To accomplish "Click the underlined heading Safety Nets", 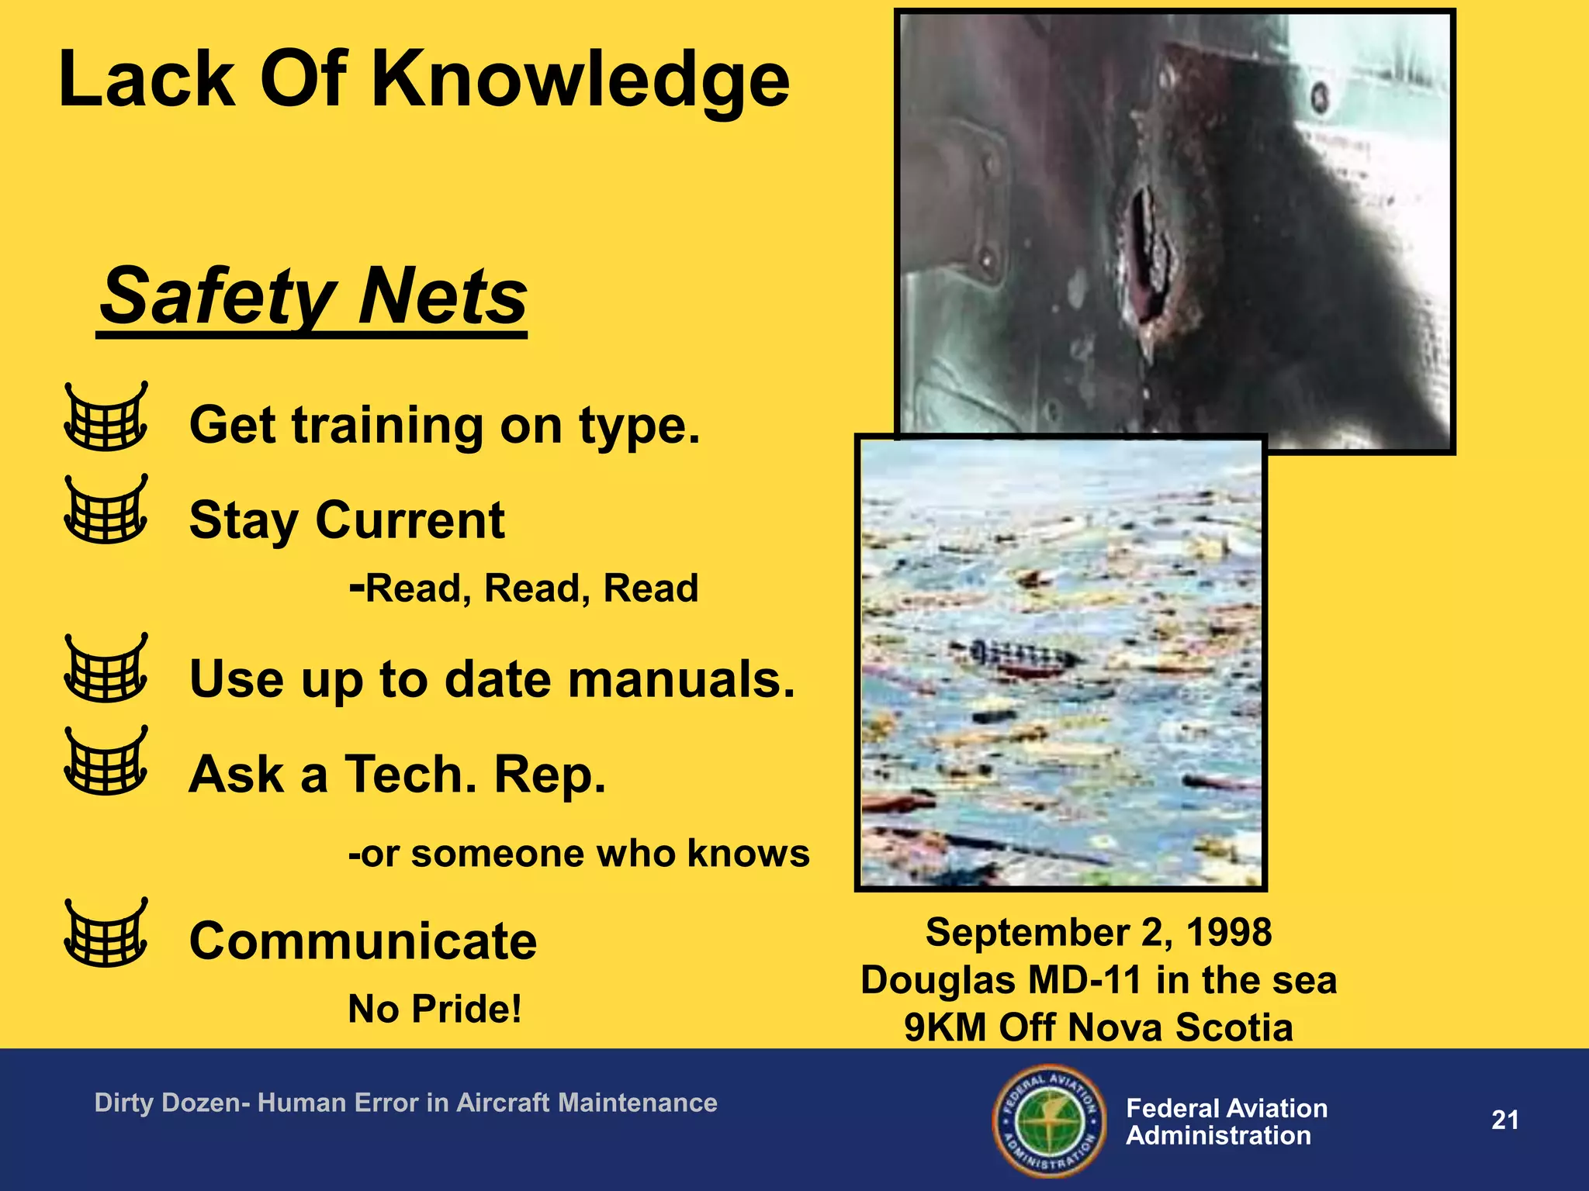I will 313,298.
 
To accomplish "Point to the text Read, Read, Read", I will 531,589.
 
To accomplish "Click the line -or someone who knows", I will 579,854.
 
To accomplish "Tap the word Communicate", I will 363,941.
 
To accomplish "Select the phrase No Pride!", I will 434,1010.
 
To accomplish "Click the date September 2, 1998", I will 1098,933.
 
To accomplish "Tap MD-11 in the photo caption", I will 1086,980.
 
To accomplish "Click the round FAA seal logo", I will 1049,1120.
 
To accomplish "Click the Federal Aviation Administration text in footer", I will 1226,1122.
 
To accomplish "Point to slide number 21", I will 1504,1120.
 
